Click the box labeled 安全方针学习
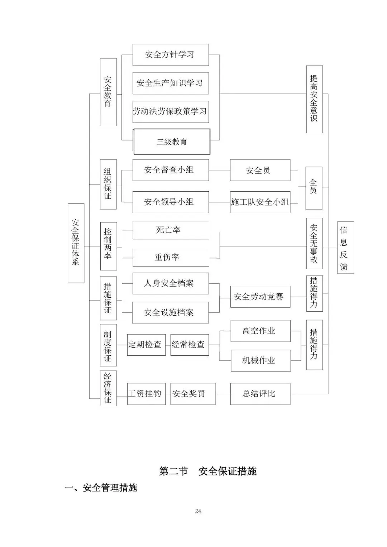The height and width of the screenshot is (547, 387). (171, 55)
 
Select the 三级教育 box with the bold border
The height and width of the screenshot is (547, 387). (172, 142)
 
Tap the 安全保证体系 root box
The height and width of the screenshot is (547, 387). (76, 243)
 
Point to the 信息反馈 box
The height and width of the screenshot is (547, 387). (345, 247)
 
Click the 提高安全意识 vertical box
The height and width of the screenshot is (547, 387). (314, 99)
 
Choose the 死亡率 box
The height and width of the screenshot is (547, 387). (171, 230)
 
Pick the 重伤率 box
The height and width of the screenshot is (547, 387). (171, 258)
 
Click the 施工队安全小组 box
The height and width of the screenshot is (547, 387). (260, 202)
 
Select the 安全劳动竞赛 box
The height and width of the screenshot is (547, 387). (260, 297)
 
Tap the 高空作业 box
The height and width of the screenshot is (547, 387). (260, 331)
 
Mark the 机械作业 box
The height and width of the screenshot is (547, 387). (260, 360)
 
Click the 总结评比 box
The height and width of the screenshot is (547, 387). (260, 394)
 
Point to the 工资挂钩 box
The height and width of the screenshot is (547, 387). (146, 394)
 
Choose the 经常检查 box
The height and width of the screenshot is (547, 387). (189, 345)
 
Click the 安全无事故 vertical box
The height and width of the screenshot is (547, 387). (314, 243)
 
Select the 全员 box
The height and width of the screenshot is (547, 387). (314, 188)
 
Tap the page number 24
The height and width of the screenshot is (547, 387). (198, 511)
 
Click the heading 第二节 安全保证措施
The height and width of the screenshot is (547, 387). (208, 471)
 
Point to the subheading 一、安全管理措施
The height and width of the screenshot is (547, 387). (101, 488)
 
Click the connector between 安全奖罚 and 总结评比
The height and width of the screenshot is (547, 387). (223, 394)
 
